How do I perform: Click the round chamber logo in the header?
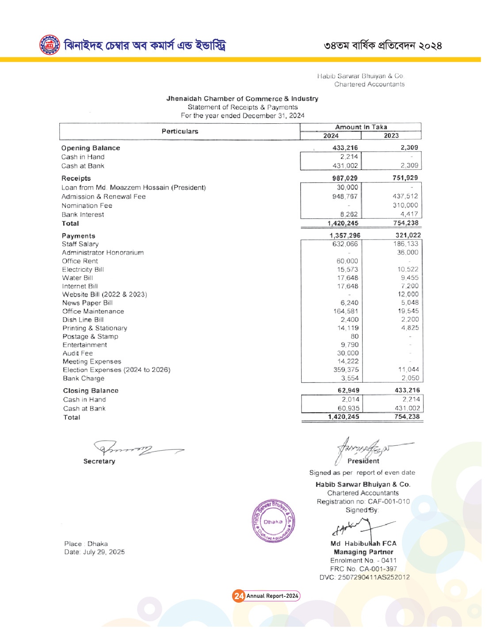click(50, 45)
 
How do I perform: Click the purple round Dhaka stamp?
click(273, 521)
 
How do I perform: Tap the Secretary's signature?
click(133, 449)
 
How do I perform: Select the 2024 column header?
click(331, 136)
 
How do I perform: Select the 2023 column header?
click(391, 136)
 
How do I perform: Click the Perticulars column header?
click(180, 131)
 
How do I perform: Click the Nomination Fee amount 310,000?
click(405, 205)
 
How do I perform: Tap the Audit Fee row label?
click(78, 353)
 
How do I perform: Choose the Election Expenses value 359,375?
click(346, 370)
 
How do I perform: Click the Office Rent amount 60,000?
click(347, 261)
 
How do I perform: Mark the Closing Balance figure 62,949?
click(348, 390)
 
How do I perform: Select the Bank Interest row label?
click(83, 214)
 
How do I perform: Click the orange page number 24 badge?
click(239, 596)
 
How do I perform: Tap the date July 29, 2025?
click(104, 552)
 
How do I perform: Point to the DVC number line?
click(364, 577)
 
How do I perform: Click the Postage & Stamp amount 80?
click(355, 336)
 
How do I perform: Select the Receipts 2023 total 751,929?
click(405, 178)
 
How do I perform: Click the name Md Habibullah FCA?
click(363, 543)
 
